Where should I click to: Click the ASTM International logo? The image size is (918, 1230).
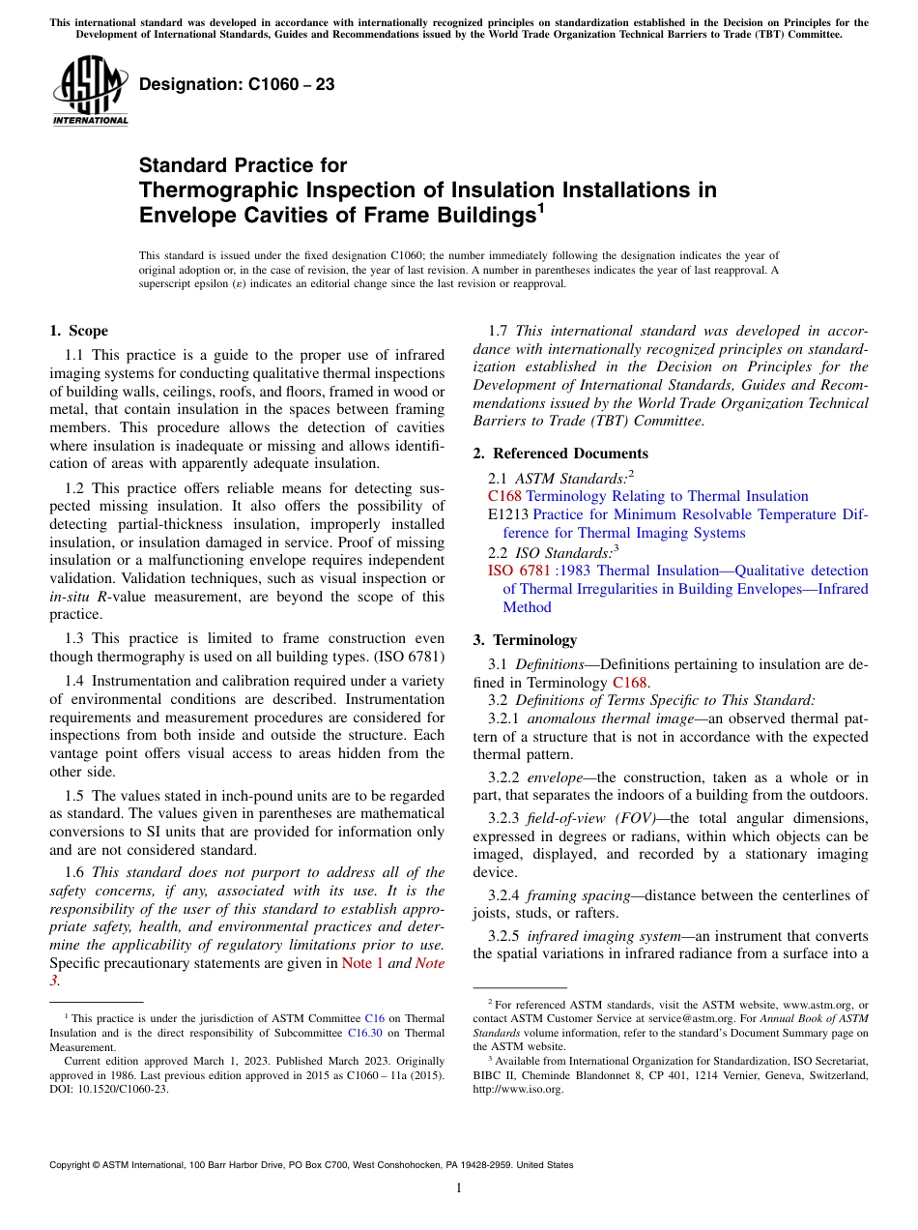[90, 92]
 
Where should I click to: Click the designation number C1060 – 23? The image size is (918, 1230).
[237, 84]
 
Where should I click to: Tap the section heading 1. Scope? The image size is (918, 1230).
[78, 331]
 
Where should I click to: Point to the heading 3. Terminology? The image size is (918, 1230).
[538, 640]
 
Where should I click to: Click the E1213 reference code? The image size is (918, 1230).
[508, 514]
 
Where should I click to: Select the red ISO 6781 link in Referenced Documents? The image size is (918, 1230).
[519, 571]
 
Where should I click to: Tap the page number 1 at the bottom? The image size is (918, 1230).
[459, 1188]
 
